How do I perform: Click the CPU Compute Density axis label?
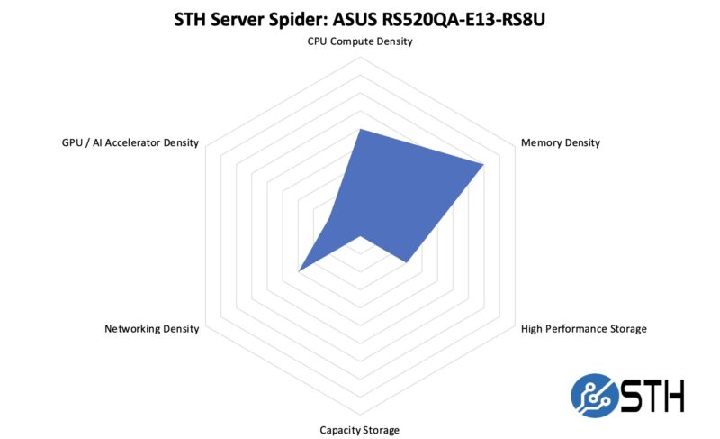tap(359, 41)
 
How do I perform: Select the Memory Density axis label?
tap(561, 142)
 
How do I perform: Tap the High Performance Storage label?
tap(584, 328)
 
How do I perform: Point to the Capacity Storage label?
tap(359, 429)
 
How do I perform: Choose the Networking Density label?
tap(152, 328)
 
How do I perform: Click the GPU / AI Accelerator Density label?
tap(124, 142)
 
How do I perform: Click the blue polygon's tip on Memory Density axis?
tap(484, 164)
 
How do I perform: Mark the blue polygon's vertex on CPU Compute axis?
tap(359, 129)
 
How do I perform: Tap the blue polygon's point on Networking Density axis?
tap(299, 270)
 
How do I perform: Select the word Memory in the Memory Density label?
tap(542, 142)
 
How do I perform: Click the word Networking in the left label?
tap(132, 328)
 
